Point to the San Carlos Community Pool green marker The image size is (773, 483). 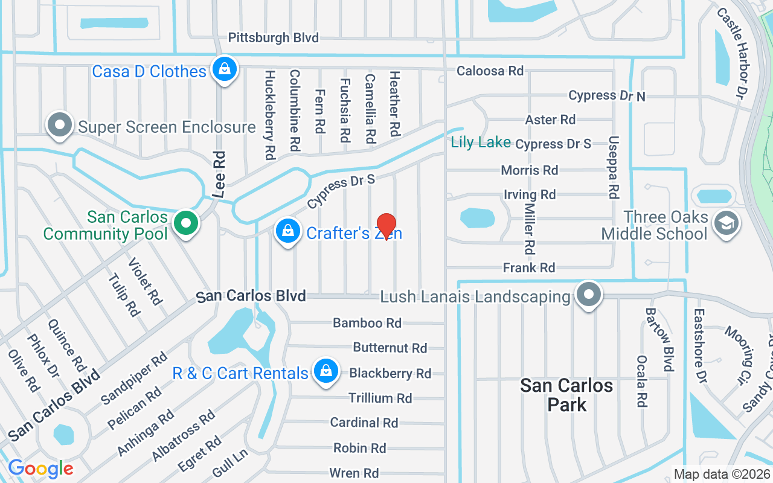[186, 223]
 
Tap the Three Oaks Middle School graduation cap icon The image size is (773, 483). [725, 223]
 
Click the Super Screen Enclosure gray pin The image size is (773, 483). [59, 125]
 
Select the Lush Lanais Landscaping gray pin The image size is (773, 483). [589, 295]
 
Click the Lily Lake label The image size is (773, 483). [481, 142]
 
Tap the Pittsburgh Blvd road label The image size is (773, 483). [273, 38]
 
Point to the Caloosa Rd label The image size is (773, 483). [490, 71]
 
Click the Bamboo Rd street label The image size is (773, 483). [367, 323]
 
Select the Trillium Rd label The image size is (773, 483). [380, 398]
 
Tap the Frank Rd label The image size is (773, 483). [529, 267]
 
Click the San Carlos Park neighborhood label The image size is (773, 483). [566, 395]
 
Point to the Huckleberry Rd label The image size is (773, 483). [270, 115]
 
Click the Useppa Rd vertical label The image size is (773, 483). [614, 167]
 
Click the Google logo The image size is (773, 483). [40, 468]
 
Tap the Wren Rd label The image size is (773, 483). [354, 473]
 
